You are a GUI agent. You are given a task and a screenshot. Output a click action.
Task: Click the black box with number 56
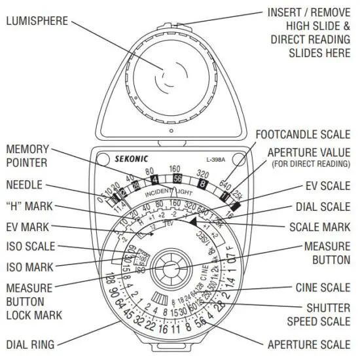177,179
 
